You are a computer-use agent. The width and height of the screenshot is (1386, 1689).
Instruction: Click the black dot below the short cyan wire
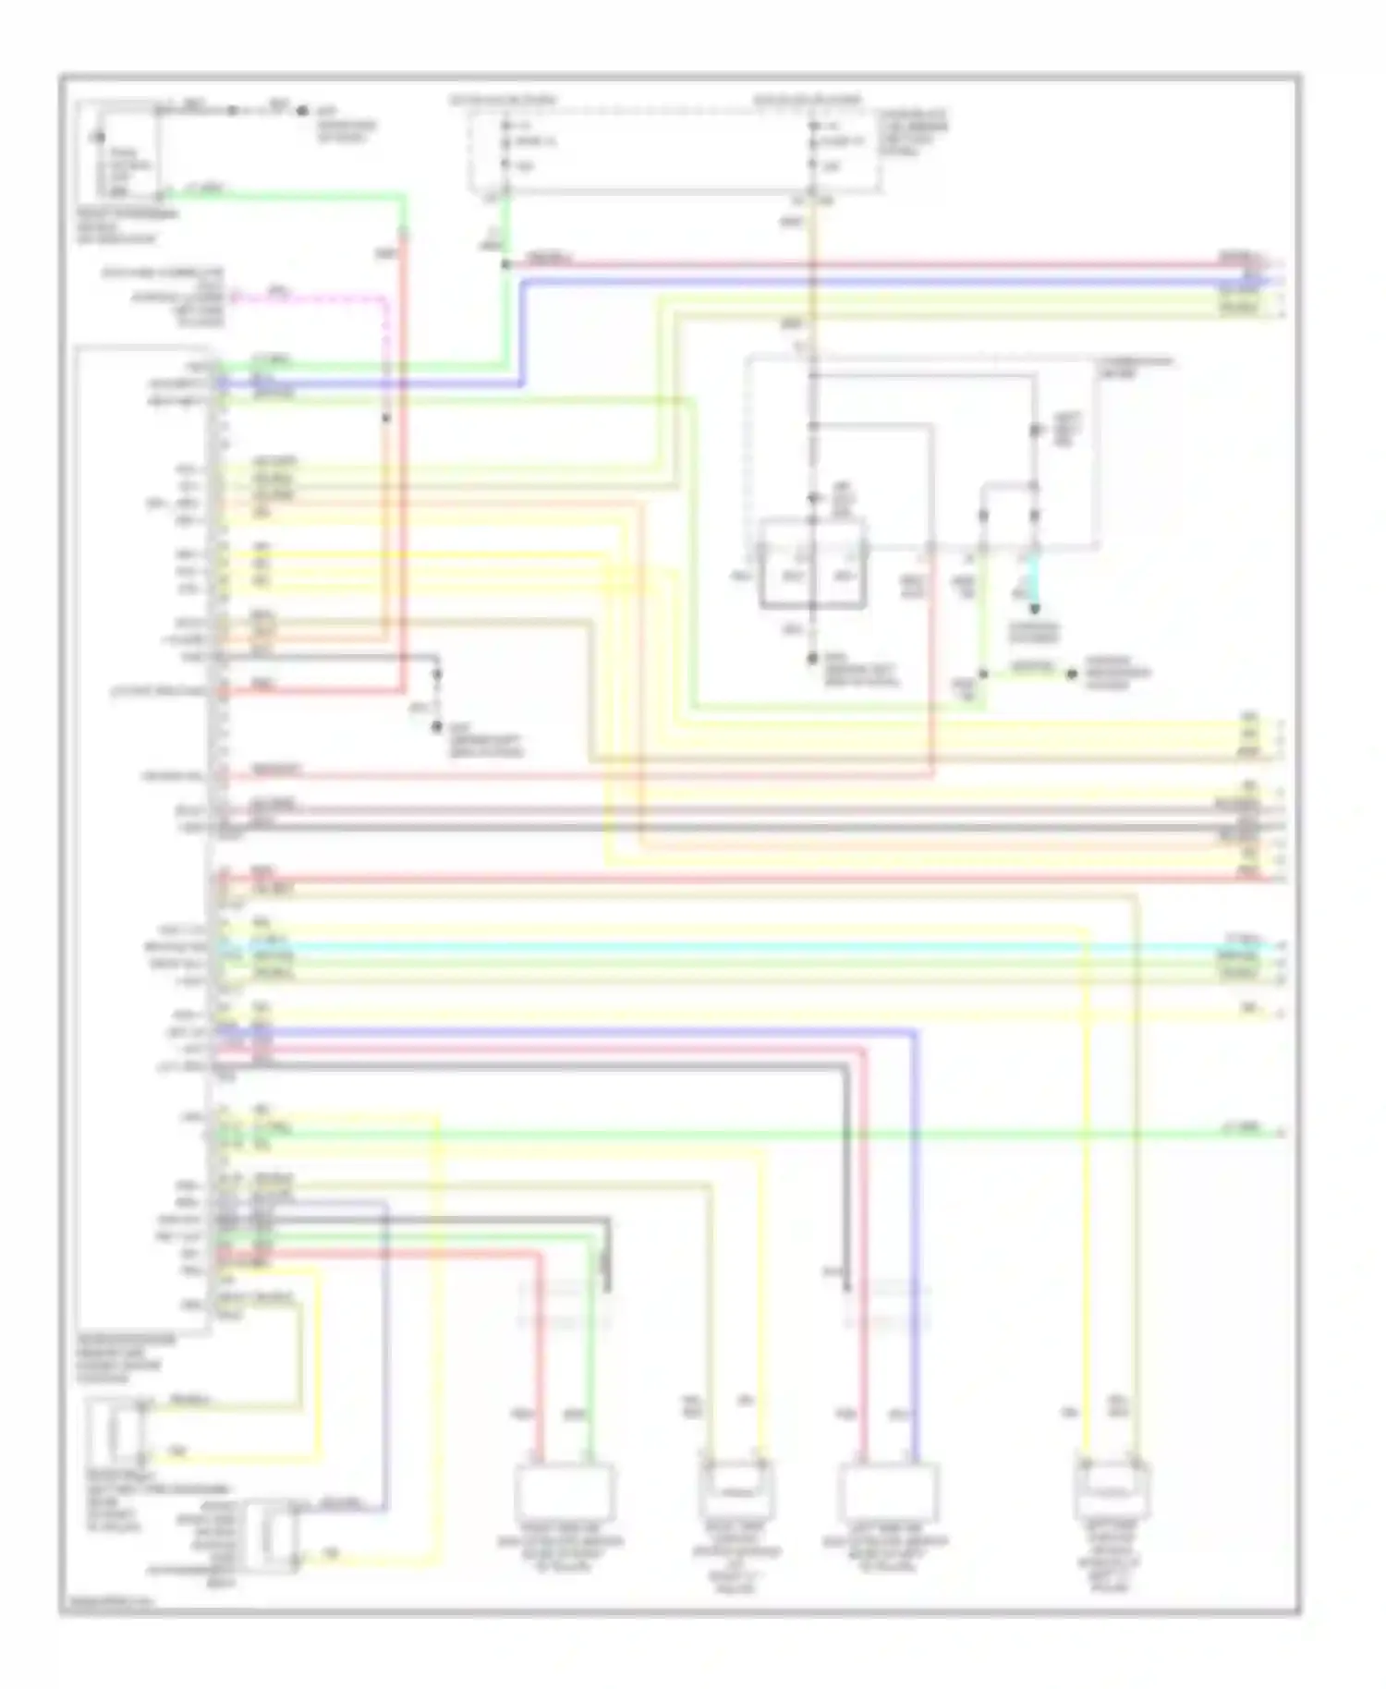pyautogui.click(x=1035, y=609)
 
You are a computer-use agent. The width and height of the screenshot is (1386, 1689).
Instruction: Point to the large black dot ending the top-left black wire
pyautogui.click(x=302, y=111)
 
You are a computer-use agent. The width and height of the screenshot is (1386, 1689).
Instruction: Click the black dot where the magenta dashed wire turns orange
pyautogui.click(x=386, y=419)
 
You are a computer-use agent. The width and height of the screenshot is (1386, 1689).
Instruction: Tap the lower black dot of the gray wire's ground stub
pyautogui.click(x=438, y=728)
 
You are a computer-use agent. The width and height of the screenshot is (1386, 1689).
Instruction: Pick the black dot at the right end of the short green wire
pyautogui.click(x=1072, y=674)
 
